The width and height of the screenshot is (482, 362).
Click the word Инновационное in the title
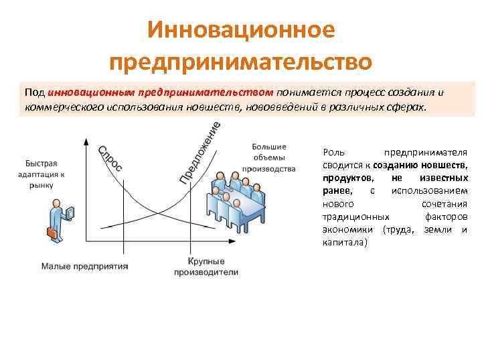[240, 29]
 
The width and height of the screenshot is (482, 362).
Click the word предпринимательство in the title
[240, 62]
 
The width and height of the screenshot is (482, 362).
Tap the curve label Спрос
[110, 158]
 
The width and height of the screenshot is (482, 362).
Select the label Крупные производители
[206, 266]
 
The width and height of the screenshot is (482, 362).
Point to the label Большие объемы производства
[273, 158]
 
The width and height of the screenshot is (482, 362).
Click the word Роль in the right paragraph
[333, 153]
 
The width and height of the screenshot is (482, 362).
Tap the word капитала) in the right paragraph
[345, 242]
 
